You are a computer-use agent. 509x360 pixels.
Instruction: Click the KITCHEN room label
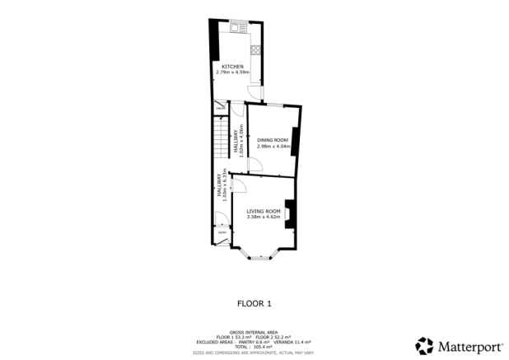231,67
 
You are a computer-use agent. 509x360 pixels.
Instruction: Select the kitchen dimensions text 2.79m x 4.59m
231,72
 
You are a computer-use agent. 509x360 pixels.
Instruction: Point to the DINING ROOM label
273,141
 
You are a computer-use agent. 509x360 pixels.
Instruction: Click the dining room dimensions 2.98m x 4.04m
273,147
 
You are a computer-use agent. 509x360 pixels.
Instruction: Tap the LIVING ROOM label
264,212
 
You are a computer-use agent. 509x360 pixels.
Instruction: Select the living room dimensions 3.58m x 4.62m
264,217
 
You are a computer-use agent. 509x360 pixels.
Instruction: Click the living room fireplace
289,210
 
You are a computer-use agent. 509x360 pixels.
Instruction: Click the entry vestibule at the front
221,234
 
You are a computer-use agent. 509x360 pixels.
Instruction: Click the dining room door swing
255,166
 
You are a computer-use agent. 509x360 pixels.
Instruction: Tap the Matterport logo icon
424,345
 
